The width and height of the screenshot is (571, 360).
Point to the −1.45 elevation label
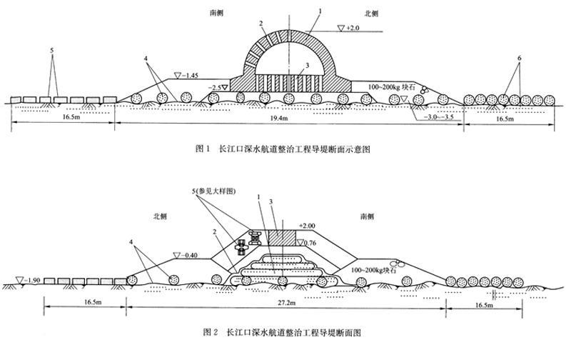click(x=193, y=74)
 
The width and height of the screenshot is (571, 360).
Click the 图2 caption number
click(x=210, y=332)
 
